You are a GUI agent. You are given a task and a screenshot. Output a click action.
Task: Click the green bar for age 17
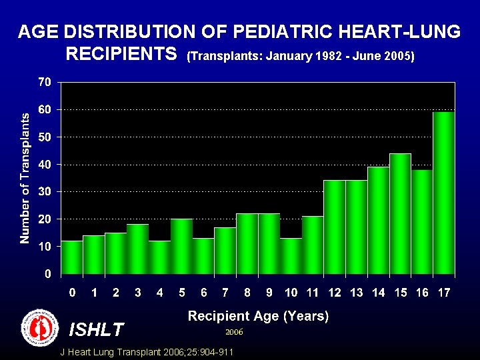(444, 193)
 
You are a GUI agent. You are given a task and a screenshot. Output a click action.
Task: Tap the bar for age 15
(400, 214)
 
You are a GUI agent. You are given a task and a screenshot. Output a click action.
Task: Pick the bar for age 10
(291, 256)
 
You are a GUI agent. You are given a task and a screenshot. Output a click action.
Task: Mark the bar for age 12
(334, 227)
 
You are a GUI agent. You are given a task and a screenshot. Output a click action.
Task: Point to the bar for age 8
(247, 244)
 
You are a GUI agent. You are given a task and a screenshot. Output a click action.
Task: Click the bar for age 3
(137, 249)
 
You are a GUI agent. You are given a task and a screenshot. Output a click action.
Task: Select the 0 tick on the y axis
(47, 274)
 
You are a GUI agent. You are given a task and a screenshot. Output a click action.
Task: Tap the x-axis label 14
(378, 293)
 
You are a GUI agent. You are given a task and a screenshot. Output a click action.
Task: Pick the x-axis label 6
(203, 293)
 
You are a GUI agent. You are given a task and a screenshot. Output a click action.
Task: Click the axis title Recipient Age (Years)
(258, 316)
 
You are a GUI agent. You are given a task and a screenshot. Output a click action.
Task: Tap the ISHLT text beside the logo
(96, 329)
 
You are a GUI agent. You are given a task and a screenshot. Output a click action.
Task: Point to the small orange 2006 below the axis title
(234, 331)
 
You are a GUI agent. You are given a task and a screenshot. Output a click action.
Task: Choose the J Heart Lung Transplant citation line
(147, 351)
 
